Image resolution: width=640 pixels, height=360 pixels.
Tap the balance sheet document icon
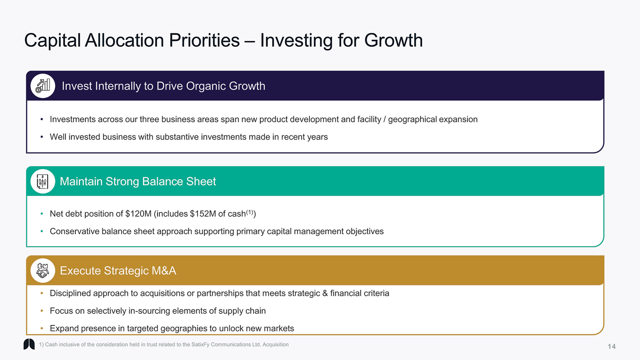42,181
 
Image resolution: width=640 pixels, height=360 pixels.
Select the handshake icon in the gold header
42,271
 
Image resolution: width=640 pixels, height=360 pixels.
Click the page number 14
611,347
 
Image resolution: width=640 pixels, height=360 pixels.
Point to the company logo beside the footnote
29,344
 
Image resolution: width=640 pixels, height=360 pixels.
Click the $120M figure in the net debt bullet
138,214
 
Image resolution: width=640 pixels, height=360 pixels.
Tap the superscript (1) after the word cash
250,212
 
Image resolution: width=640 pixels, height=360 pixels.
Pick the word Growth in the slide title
394,40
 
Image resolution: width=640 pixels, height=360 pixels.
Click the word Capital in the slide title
52,41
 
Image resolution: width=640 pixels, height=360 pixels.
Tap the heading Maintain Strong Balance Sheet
138,182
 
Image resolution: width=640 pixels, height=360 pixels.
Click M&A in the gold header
164,271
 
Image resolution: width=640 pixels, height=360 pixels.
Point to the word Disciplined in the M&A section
70,293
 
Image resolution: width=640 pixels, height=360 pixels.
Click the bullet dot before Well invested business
42,137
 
